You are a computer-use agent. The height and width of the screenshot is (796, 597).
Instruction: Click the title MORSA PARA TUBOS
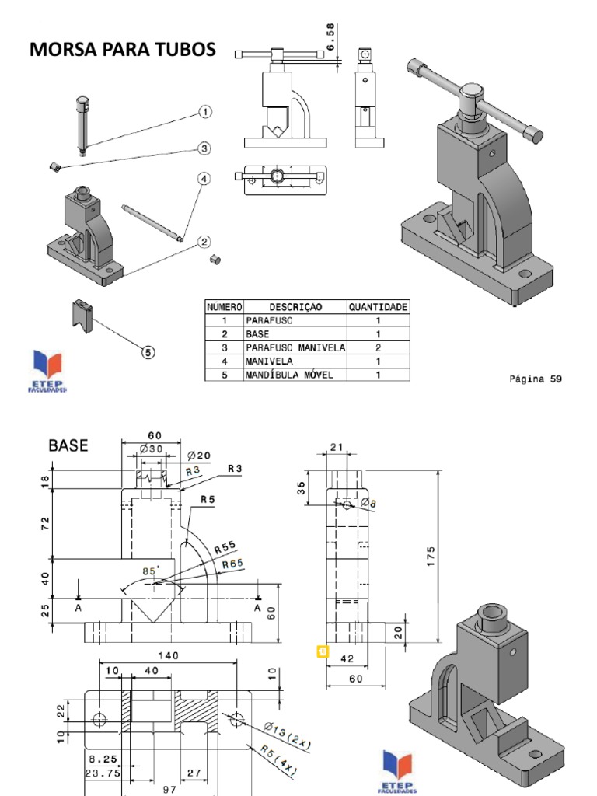(123, 51)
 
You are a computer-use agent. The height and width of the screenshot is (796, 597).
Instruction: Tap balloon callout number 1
(205, 112)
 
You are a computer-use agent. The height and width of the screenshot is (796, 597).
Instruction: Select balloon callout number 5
(148, 352)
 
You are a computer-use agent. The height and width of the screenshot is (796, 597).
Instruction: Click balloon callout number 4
(204, 179)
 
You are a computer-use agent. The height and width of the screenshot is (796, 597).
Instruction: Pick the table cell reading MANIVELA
(267, 361)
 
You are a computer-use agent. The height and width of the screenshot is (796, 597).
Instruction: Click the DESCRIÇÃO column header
(295, 307)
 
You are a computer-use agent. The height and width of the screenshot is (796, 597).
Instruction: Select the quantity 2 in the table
(378, 347)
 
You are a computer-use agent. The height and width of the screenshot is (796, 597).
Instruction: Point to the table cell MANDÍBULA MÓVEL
(289, 375)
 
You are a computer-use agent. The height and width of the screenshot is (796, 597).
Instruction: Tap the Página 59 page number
(535, 379)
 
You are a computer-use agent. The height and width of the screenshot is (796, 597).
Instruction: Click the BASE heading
(68, 446)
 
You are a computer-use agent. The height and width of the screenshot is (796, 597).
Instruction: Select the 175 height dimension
(431, 557)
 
